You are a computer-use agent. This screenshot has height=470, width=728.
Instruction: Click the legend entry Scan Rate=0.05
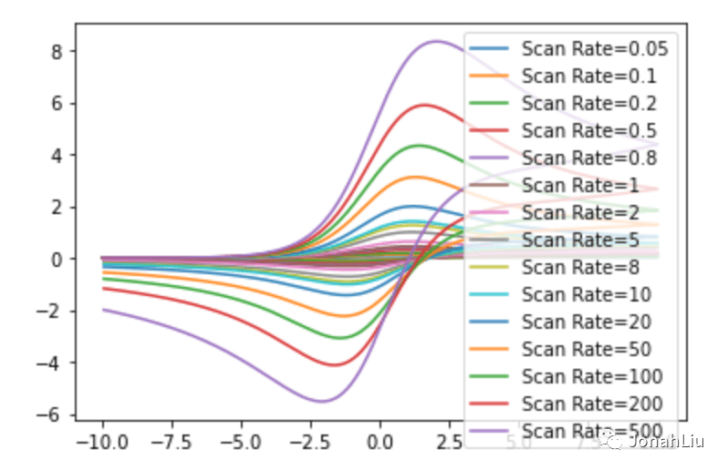click(x=594, y=49)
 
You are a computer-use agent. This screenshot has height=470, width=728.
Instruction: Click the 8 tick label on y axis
click(x=57, y=52)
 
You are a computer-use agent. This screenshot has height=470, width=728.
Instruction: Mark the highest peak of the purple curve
click(x=436, y=40)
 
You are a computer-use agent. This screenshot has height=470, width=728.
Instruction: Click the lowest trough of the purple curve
click(x=323, y=401)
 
